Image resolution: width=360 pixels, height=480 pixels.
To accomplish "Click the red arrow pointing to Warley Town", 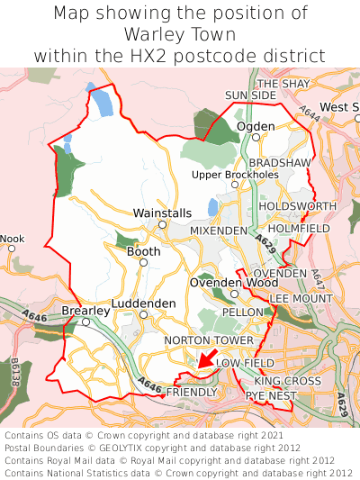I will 206,359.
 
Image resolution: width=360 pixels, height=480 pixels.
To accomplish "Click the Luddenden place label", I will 144,304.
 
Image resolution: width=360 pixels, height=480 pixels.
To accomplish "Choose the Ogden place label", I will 256,126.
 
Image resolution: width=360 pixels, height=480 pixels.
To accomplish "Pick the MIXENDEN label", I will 219,231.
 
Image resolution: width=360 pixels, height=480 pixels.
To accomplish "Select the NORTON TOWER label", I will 209,340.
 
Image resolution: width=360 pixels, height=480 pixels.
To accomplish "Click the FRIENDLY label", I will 192,393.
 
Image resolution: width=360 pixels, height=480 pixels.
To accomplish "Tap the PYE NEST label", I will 270,395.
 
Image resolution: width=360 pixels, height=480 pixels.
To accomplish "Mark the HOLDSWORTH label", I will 297,206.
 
